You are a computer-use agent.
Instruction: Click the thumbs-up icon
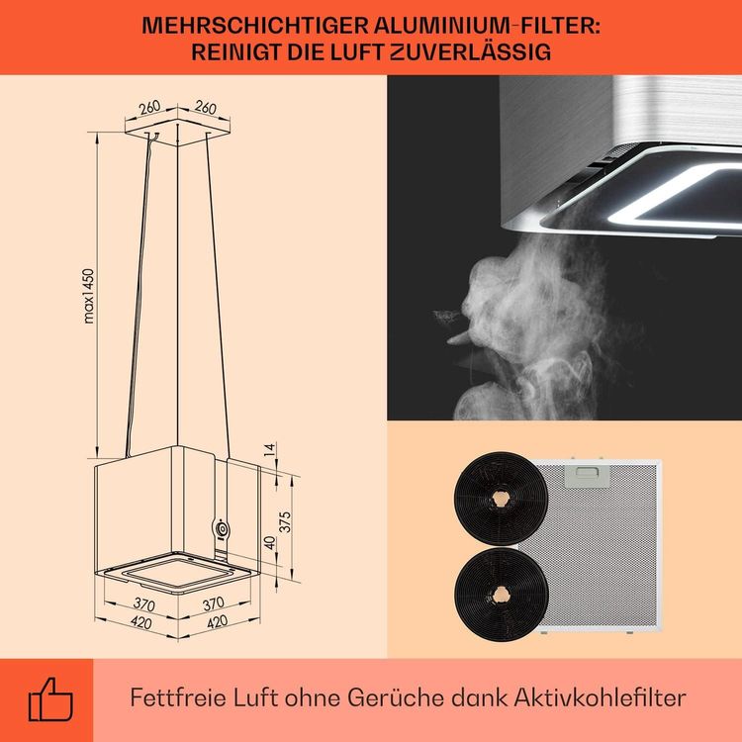tap(50, 698)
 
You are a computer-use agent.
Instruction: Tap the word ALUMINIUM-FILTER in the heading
tap(487, 26)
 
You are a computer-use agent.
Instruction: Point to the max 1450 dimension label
tap(88, 296)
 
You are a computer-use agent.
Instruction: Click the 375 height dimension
tap(285, 522)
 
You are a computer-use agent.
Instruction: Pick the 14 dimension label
tap(269, 449)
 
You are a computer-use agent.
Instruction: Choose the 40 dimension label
tap(269, 543)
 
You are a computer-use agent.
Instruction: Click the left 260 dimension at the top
tap(149, 108)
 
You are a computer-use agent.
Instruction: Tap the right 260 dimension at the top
tap(206, 108)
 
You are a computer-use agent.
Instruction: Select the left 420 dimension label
tap(141, 622)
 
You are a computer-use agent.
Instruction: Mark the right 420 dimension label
tap(218, 622)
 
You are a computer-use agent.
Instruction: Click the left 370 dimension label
tap(143, 604)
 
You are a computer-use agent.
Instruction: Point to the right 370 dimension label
tap(213, 603)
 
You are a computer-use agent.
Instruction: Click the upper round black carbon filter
tap(502, 499)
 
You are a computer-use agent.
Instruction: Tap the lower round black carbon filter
tap(502, 596)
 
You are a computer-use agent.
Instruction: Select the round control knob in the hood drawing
tap(221, 528)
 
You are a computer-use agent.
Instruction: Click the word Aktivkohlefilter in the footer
tap(601, 697)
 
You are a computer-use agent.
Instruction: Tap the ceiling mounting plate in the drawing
tap(178, 127)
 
